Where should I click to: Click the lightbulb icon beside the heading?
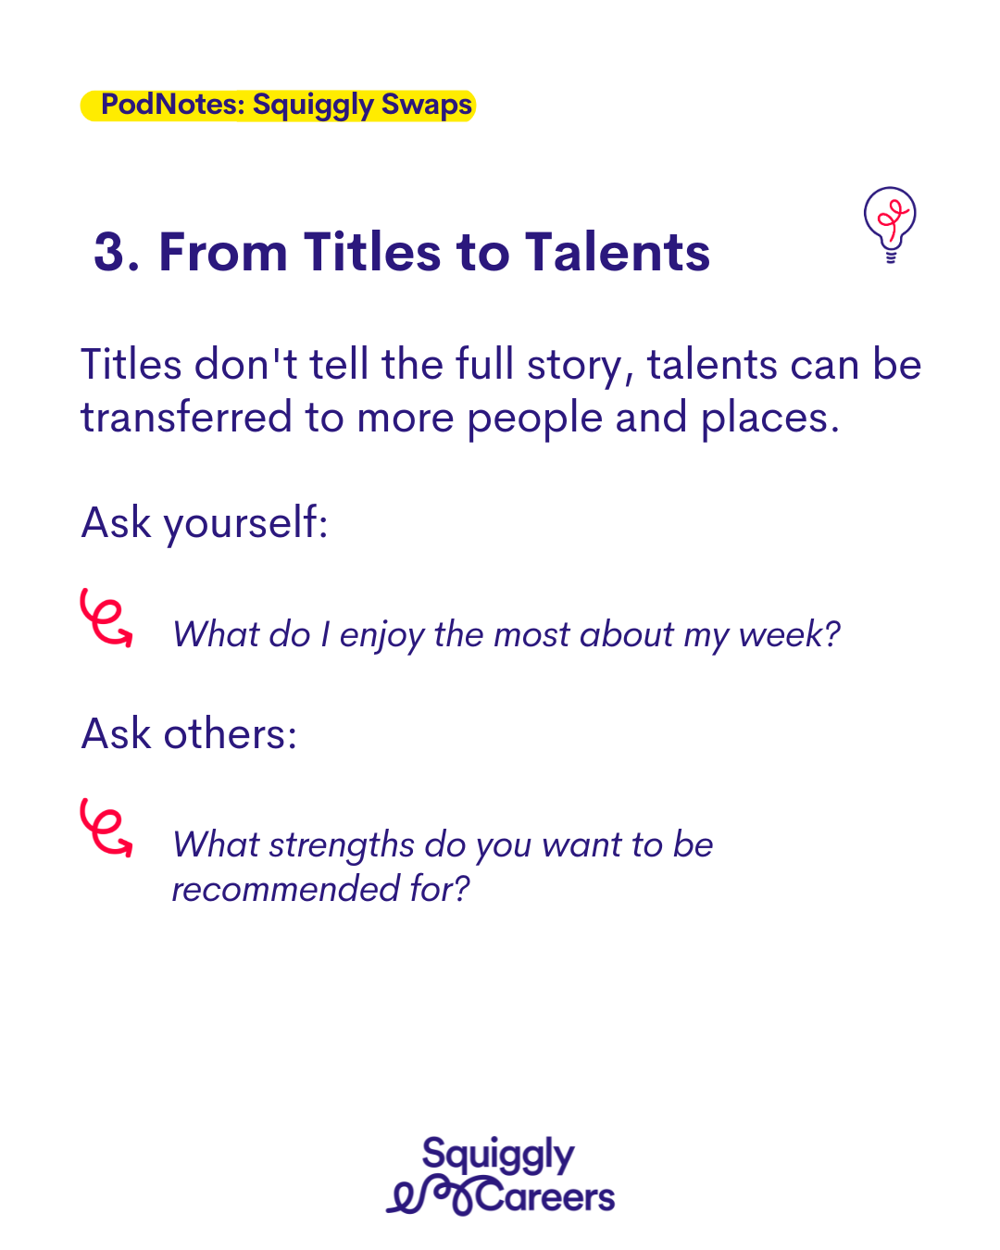click(889, 224)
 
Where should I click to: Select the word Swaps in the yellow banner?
click(427, 105)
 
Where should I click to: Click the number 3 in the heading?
click(109, 252)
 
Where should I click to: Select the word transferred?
click(186, 417)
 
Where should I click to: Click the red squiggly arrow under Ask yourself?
click(106, 618)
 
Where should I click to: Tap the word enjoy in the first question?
click(382, 635)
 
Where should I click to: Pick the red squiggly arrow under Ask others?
click(106, 828)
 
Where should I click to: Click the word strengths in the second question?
click(342, 845)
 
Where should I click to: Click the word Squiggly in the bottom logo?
click(498, 1155)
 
